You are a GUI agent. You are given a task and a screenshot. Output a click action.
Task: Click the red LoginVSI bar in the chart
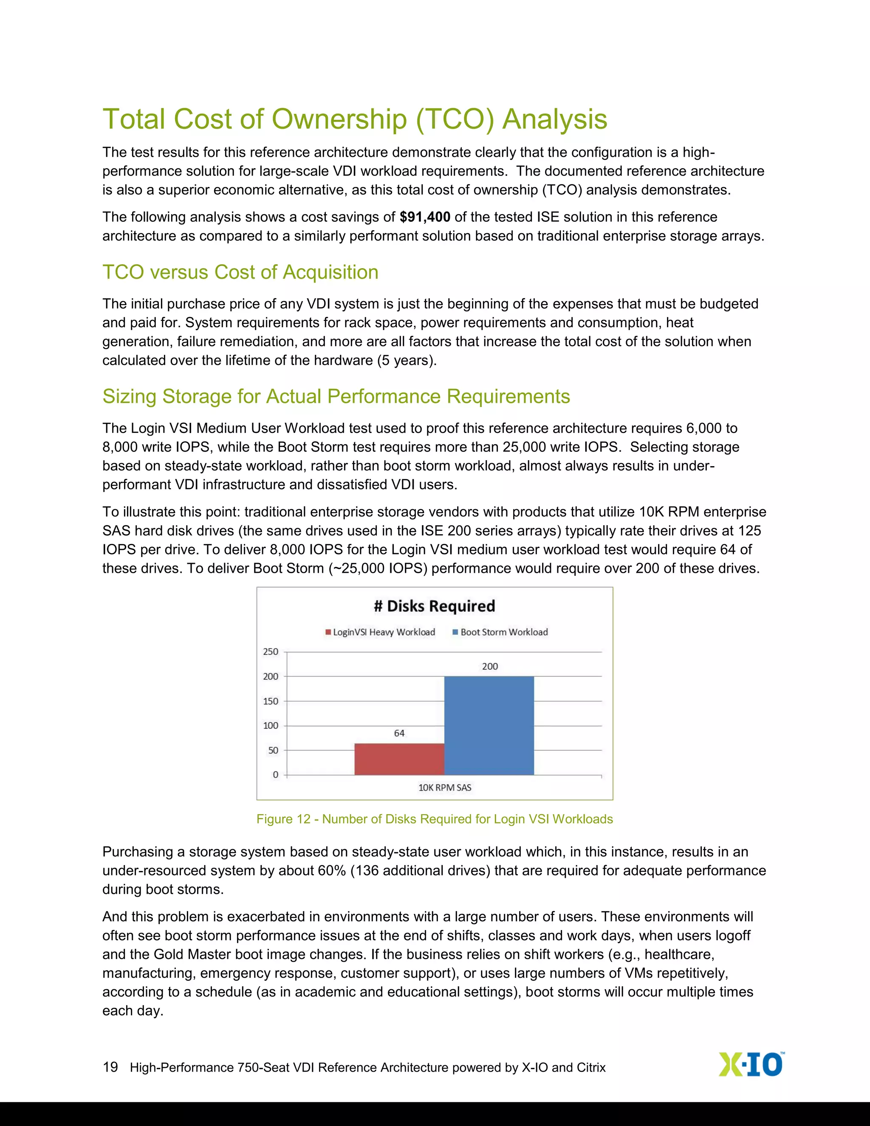(x=399, y=759)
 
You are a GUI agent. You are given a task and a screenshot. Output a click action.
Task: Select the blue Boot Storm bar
(x=489, y=725)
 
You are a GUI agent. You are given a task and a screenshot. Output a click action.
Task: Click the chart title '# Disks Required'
(x=435, y=606)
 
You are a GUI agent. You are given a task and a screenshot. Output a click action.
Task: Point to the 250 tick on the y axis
(x=271, y=652)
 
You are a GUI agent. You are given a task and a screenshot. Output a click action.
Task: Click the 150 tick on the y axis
(x=271, y=701)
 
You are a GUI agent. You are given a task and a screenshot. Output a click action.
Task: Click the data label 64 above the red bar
(x=399, y=733)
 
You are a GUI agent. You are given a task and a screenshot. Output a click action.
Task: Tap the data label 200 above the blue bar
(x=490, y=667)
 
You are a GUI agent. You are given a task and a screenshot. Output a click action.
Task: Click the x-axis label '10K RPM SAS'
(x=444, y=788)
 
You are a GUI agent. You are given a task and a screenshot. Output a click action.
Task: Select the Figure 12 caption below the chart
(x=435, y=819)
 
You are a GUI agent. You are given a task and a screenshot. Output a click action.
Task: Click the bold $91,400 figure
(x=425, y=217)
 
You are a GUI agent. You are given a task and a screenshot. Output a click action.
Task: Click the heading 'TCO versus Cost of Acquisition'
(x=240, y=272)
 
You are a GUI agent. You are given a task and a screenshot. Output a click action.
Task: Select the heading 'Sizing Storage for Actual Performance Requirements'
(x=336, y=396)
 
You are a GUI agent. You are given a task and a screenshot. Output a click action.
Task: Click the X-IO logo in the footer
(x=751, y=1065)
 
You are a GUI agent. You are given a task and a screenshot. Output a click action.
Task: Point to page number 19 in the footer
(x=110, y=1067)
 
